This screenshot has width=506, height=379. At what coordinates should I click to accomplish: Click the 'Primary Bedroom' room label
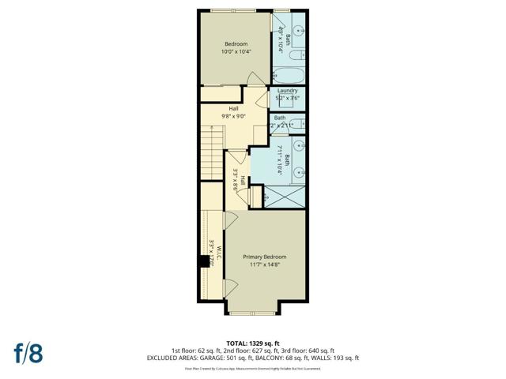[x=264, y=257]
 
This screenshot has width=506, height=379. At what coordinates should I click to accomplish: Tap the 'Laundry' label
[x=287, y=92]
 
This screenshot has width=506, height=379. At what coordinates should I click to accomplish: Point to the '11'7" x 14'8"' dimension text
[x=264, y=265]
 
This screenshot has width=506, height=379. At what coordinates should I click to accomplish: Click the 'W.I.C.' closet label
[x=219, y=253]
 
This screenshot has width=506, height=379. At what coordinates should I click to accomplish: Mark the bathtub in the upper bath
[x=289, y=77]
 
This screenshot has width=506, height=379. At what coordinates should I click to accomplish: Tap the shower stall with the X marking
[x=284, y=197]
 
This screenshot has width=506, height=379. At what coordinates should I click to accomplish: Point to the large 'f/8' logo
[x=28, y=351]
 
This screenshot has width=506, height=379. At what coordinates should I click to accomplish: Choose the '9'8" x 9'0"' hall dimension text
[x=234, y=116]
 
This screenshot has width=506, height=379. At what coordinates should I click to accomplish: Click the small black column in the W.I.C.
[x=204, y=263]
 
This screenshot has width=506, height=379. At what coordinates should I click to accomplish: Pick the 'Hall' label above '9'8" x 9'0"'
[x=234, y=108]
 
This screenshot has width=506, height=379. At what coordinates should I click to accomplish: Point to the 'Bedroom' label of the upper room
[x=236, y=44]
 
